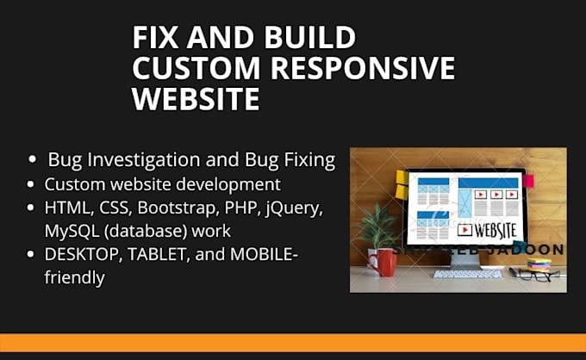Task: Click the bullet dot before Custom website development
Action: (x=32, y=184)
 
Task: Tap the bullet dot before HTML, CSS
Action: (x=32, y=208)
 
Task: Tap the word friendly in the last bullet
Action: (x=74, y=277)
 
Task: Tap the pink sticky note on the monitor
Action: (x=528, y=181)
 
